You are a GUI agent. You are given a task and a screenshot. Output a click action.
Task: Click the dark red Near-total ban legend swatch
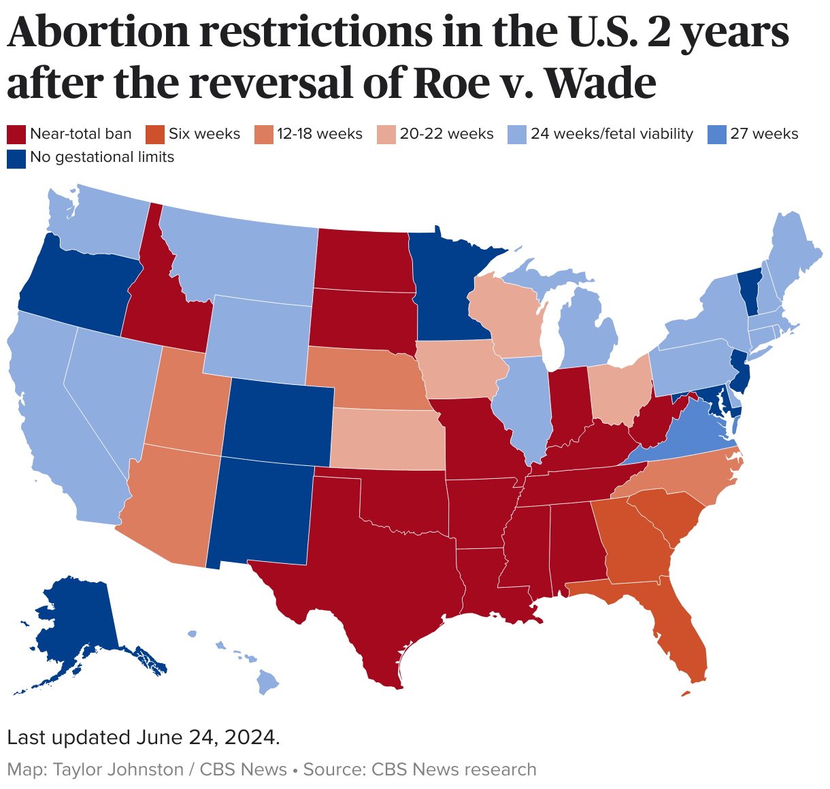point(16,134)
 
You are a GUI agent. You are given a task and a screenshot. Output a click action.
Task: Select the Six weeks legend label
point(204,134)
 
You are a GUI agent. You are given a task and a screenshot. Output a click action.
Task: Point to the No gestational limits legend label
point(102,158)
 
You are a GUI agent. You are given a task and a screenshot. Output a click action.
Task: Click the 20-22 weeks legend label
point(446,134)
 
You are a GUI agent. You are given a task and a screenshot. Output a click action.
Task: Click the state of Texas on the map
point(381,578)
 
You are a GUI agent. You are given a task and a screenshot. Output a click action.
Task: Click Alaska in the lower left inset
point(75,626)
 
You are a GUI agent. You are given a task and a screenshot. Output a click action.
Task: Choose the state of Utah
point(185,401)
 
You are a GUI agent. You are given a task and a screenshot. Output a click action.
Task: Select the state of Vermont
point(748,289)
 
